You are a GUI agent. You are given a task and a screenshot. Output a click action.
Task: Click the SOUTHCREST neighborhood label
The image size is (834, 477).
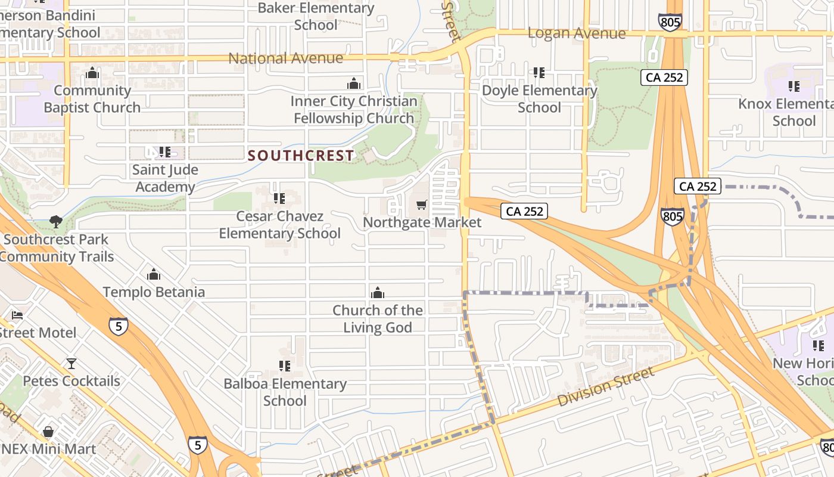(x=301, y=156)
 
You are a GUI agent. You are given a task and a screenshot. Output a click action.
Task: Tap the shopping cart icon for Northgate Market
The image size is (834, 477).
(x=422, y=205)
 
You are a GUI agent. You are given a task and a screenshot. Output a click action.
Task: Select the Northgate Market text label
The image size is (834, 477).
(x=422, y=222)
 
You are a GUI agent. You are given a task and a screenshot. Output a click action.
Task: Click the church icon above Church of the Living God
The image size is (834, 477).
(x=377, y=293)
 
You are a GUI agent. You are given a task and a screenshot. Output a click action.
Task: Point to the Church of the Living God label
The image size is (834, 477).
(x=378, y=319)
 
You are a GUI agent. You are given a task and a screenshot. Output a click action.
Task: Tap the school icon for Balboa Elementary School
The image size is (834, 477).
(x=285, y=366)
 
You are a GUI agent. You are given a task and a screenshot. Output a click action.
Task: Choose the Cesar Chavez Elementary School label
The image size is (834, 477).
(x=279, y=225)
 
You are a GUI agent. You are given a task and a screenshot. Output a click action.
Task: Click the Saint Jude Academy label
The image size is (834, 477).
(x=165, y=178)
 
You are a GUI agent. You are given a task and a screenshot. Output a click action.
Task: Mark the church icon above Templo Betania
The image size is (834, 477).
(x=154, y=274)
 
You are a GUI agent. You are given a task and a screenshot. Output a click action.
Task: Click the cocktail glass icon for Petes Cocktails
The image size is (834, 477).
(x=71, y=363)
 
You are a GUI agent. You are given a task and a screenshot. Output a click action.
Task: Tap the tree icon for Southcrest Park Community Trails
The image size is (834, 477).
(x=56, y=222)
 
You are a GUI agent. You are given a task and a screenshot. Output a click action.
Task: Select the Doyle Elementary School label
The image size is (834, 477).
(x=539, y=99)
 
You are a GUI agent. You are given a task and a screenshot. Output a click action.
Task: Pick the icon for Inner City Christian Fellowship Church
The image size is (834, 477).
(x=354, y=83)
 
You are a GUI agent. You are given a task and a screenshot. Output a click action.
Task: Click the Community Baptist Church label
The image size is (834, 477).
(x=92, y=99)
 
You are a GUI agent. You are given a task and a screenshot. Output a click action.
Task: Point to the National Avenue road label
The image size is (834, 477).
(x=286, y=58)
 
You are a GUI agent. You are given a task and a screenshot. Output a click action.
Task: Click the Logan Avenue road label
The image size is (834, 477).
(x=577, y=33)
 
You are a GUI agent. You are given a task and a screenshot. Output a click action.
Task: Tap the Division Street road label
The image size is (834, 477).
(x=606, y=387)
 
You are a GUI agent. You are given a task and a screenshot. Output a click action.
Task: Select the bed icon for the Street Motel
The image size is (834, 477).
(x=17, y=315)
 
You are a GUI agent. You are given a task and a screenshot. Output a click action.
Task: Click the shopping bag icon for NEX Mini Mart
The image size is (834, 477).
(x=48, y=431)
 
